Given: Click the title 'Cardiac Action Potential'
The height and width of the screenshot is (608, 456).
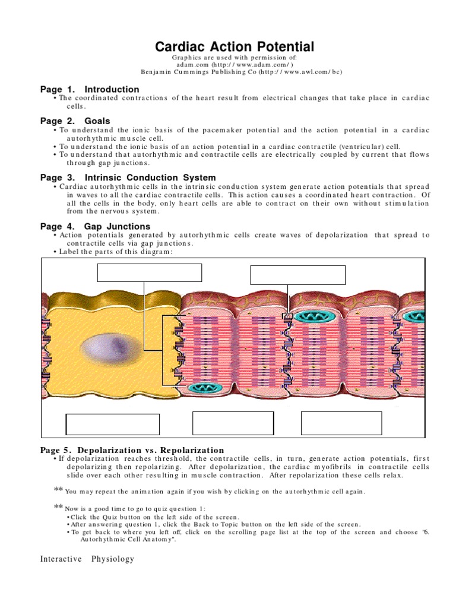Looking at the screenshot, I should [x=235, y=46].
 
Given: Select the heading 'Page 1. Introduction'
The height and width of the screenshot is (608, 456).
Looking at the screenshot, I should [x=90, y=89].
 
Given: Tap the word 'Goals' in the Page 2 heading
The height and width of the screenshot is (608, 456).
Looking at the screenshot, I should [x=97, y=121].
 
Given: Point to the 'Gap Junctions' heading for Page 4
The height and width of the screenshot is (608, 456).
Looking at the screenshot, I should [x=117, y=226].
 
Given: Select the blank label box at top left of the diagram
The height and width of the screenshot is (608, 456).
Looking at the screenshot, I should [x=149, y=273].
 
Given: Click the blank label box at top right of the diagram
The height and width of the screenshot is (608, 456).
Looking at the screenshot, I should [x=297, y=275].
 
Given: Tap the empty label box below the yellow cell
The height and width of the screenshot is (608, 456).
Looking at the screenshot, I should [x=113, y=425].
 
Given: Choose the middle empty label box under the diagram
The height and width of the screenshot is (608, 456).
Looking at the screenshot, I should [x=233, y=423].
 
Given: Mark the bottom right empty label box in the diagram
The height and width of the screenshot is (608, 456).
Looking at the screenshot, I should [x=341, y=423].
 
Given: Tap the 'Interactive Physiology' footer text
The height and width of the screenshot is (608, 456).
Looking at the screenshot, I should [x=87, y=559].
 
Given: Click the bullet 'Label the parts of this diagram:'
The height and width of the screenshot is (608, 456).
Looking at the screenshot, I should [x=116, y=251].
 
